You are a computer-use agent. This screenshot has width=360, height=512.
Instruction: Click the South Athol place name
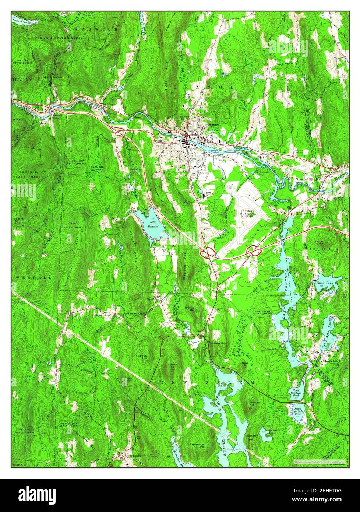click(x=332, y=361)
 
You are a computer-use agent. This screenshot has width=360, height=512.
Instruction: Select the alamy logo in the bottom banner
click(x=33, y=494)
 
